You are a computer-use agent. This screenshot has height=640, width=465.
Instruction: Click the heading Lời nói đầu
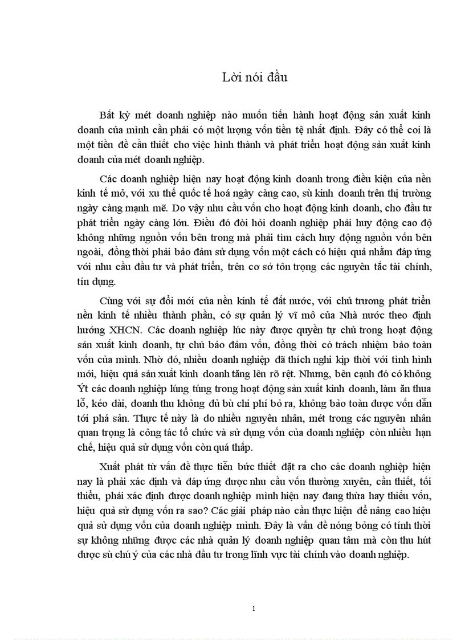pos(254,78)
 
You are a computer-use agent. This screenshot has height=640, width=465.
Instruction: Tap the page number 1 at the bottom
pos(254,609)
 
